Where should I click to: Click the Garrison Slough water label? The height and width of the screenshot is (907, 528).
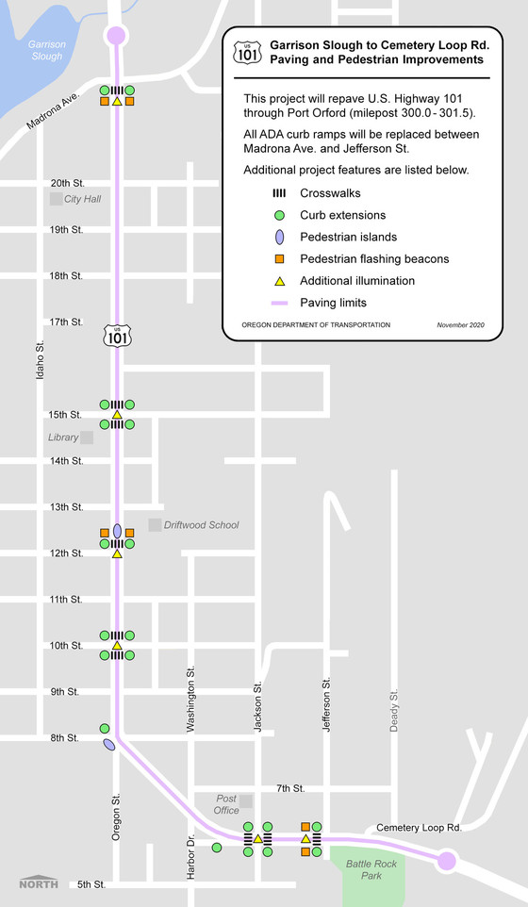pyautogui.click(x=45, y=50)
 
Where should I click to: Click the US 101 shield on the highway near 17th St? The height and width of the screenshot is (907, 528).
pyautogui.click(x=116, y=335)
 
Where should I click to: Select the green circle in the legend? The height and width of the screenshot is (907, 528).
pyautogui.click(x=278, y=214)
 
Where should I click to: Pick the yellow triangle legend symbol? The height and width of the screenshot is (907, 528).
pyautogui.click(x=278, y=280)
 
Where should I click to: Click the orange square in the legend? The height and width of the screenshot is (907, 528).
pyautogui.click(x=278, y=258)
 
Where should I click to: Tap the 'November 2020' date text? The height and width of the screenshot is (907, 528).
pyautogui.click(x=460, y=325)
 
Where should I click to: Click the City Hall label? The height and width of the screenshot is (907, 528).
pyautogui.click(x=82, y=199)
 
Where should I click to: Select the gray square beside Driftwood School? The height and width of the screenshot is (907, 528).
pyautogui.click(x=155, y=524)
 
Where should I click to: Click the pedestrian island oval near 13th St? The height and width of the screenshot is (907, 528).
pyautogui.click(x=117, y=532)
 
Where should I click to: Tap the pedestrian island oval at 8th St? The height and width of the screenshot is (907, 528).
pyautogui.click(x=109, y=746)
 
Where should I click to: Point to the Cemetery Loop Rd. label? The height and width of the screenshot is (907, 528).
pyautogui.click(x=418, y=827)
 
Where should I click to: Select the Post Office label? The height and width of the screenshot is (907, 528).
pyautogui.click(x=226, y=804)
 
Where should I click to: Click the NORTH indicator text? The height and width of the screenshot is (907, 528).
pyautogui.click(x=39, y=883)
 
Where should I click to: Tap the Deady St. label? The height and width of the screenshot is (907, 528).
pyautogui.click(x=394, y=709)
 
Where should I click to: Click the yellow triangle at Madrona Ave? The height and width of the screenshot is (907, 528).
pyautogui.click(x=117, y=101)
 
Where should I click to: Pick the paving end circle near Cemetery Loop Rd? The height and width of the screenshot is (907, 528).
pyautogui.click(x=447, y=860)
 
